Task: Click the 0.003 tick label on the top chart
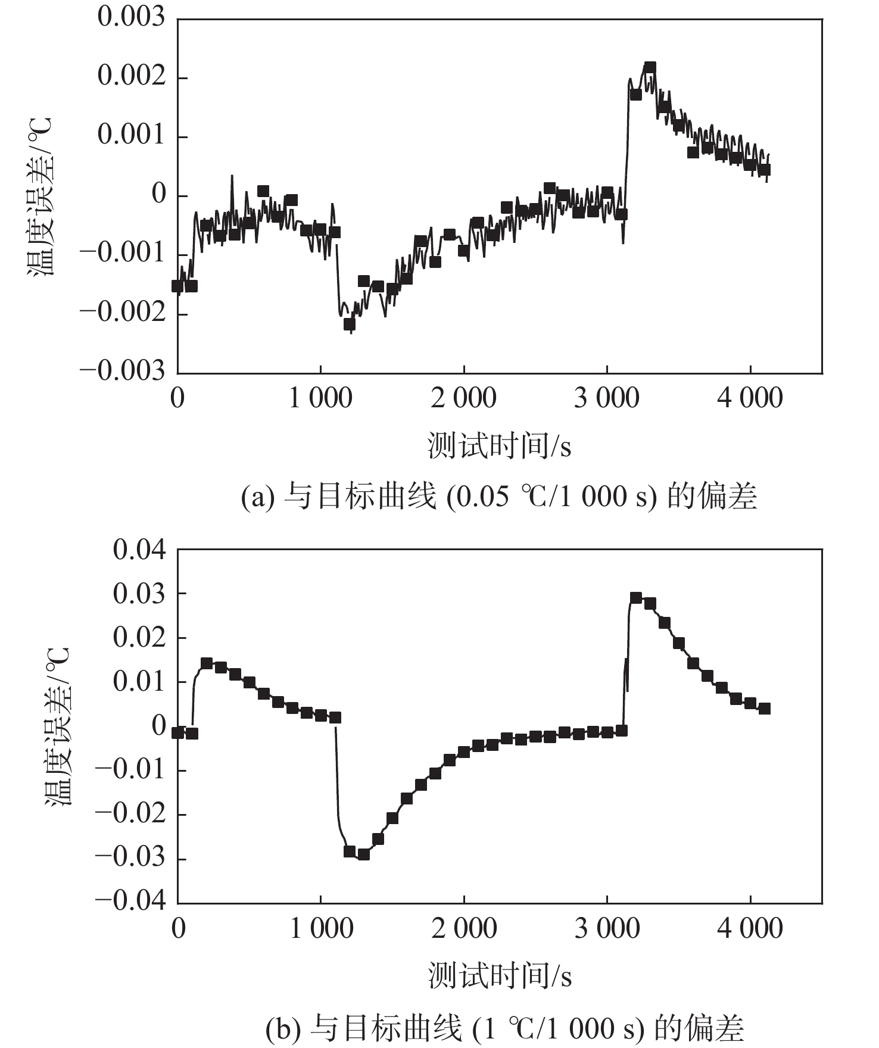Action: [131, 18]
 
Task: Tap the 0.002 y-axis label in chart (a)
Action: [131, 77]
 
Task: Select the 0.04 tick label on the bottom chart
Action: [139, 549]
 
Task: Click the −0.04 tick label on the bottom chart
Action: [130, 900]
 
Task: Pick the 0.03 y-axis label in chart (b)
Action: [139, 594]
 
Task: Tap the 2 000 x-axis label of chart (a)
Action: [463, 398]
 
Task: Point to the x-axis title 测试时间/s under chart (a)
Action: [499, 447]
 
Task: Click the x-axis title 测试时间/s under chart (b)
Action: [499, 977]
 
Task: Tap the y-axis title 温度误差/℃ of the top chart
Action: [40, 196]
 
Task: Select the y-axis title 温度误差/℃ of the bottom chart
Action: [58, 726]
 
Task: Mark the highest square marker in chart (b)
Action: [635, 598]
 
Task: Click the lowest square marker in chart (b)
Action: [363, 854]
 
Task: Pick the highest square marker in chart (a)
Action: [650, 67]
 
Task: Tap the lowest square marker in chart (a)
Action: [350, 324]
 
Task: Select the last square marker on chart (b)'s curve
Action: [765, 709]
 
